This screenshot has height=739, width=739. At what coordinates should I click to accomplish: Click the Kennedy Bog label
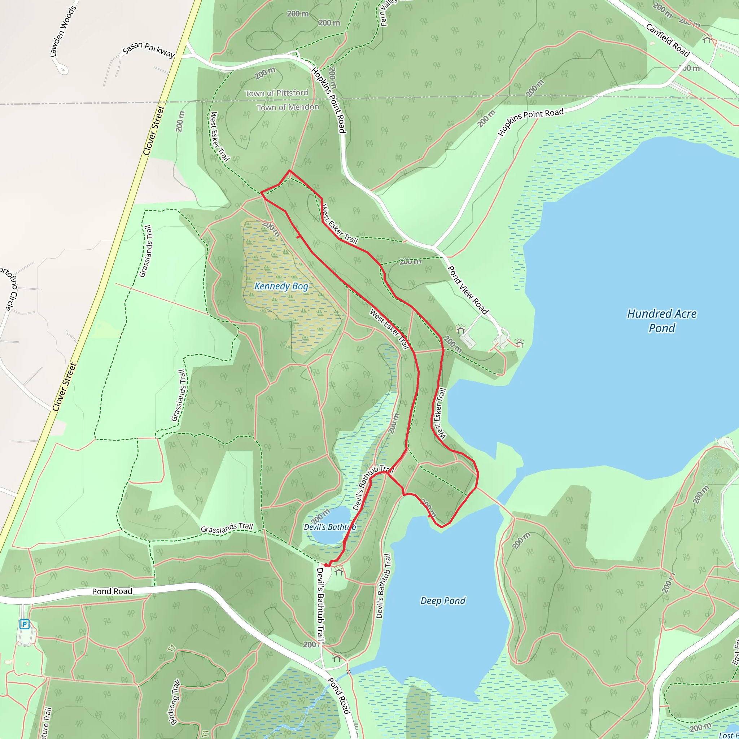(x=281, y=287)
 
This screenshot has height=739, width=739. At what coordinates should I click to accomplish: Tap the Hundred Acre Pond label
(x=662, y=321)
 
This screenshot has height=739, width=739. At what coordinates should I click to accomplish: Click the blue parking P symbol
(x=25, y=625)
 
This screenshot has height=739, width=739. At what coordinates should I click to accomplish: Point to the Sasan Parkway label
(x=149, y=49)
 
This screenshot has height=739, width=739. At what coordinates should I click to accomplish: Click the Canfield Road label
(x=668, y=40)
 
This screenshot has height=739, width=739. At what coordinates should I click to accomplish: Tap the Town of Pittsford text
(x=276, y=93)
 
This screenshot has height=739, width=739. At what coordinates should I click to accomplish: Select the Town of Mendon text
(x=288, y=108)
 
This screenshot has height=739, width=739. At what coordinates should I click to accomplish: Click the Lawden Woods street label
(x=63, y=31)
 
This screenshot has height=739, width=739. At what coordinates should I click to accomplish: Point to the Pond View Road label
(x=467, y=290)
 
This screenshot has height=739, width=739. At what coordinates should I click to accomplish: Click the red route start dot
(x=326, y=565)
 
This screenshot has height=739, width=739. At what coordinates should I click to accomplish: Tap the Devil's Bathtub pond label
(x=330, y=527)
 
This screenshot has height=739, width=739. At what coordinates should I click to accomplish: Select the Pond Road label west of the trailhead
(x=112, y=591)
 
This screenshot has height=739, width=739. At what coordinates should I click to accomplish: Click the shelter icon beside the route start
(x=338, y=572)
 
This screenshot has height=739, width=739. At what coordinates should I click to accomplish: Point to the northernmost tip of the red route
(x=289, y=170)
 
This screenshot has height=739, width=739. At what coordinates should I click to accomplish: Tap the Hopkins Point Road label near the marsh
(x=530, y=122)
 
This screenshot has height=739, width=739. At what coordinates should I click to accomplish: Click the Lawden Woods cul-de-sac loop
(x=62, y=70)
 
